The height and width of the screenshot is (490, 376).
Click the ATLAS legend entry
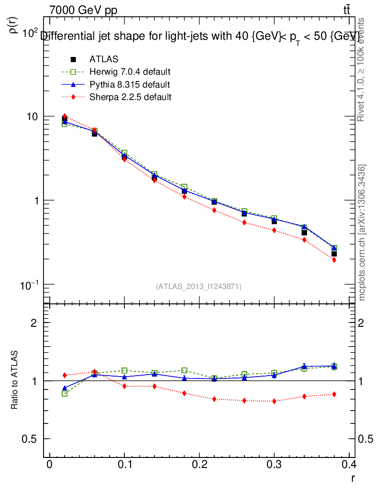[x=104, y=59]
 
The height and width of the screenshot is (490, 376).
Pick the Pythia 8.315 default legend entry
[x=129, y=85]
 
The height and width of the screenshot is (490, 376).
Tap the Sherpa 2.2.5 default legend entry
[x=130, y=97]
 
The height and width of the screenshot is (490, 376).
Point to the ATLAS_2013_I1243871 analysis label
[x=199, y=286]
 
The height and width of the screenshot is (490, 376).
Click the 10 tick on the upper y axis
[x=31, y=117]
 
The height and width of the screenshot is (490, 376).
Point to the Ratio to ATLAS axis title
[x=15, y=380]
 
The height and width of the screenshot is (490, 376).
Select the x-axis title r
[x=353, y=477]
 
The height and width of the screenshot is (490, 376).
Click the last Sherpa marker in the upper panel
[x=334, y=260]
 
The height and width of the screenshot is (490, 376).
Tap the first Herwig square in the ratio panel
[x=65, y=393]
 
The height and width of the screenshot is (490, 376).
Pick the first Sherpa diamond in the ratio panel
[x=65, y=375]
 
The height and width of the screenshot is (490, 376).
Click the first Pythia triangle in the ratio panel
[x=65, y=388]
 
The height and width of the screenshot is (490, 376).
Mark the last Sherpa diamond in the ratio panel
[x=334, y=394]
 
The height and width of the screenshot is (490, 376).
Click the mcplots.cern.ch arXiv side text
[x=362, y=233]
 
